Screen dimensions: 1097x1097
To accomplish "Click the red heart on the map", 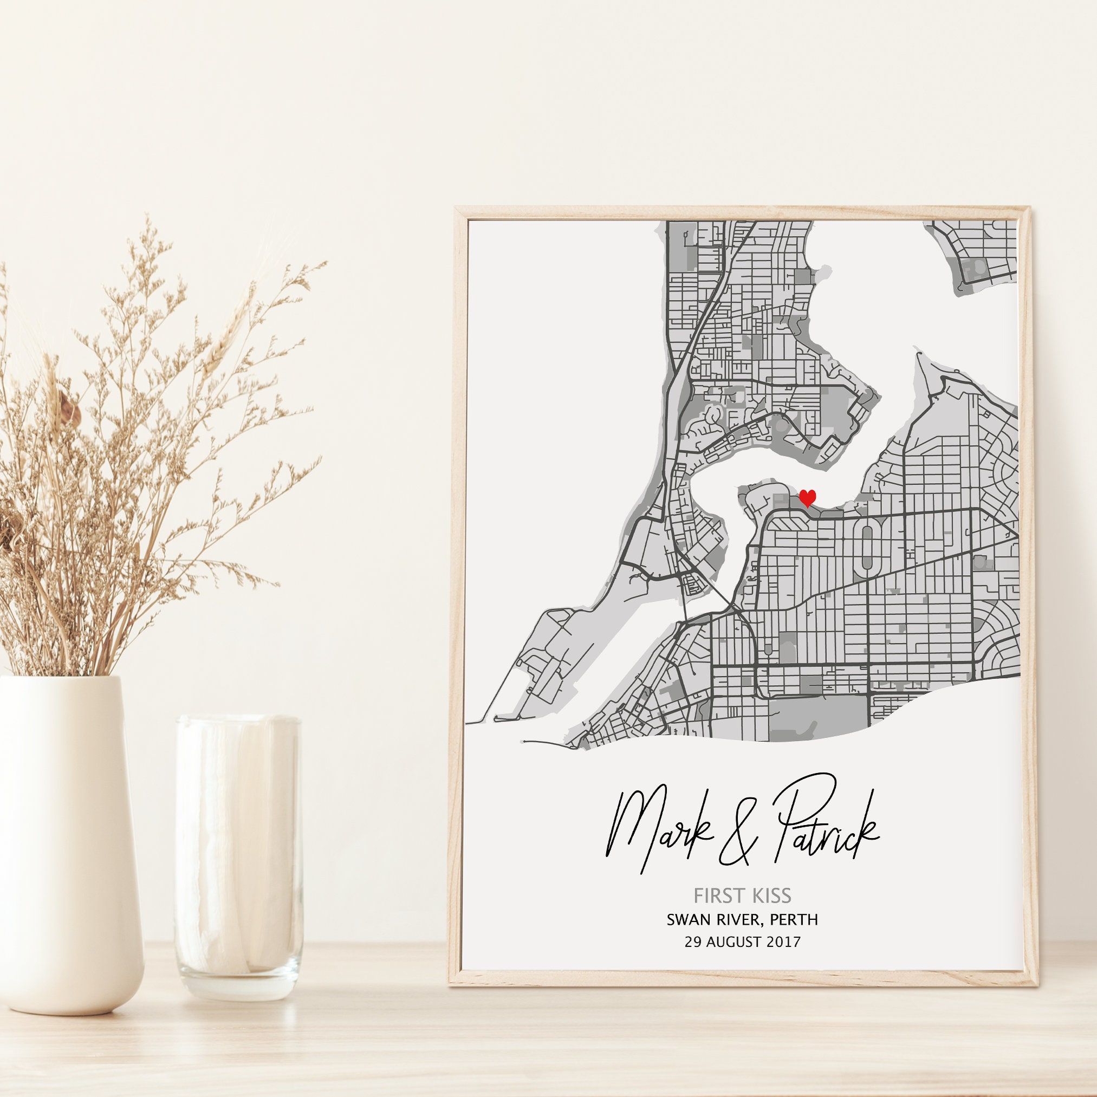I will click(807, 497).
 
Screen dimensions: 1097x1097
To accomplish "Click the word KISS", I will click(769, 896).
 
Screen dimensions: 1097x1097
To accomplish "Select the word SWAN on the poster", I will click(687, 919).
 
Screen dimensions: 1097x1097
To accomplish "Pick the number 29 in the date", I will click(693, 942).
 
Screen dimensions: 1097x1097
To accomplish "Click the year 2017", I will click(783, 942).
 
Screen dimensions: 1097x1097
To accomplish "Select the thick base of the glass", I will click(238, 977).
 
